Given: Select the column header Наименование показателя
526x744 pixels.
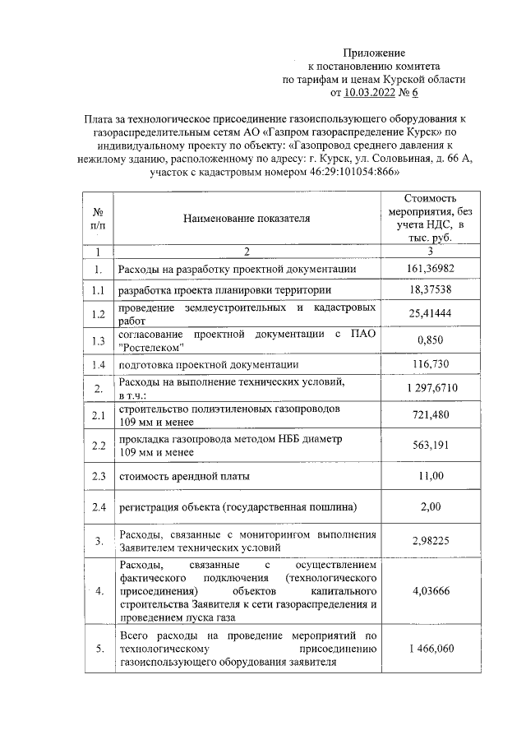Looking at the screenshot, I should (246, 220).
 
